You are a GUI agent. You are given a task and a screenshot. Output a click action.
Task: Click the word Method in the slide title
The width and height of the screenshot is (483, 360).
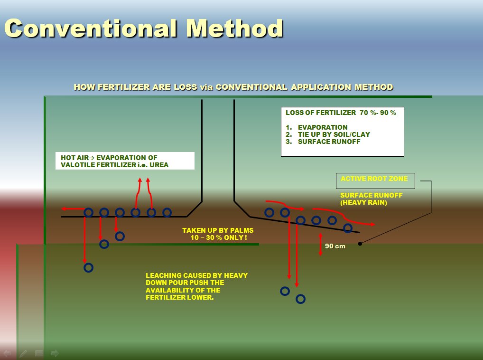(234, 28)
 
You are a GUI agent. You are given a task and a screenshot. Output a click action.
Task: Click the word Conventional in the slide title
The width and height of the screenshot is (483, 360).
(91, 28)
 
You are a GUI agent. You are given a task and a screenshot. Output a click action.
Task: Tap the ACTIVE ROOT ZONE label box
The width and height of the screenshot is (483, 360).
(375, 180)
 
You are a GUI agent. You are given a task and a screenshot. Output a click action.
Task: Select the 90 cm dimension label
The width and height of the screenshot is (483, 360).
(335, 246)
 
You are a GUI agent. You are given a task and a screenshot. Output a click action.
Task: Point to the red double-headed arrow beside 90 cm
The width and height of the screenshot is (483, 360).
(320, 245)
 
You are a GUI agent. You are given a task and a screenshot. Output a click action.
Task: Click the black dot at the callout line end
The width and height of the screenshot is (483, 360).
(360, 244)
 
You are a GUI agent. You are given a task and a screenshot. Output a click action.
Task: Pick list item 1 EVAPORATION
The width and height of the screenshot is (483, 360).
(316, 127)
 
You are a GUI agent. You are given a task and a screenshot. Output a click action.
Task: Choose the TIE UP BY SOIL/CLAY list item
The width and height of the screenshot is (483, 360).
(328, 134)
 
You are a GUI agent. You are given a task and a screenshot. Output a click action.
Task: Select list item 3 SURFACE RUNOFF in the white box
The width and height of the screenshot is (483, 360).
(323, 142)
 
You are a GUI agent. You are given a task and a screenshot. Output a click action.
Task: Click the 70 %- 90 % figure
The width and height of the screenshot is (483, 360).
(378, 113)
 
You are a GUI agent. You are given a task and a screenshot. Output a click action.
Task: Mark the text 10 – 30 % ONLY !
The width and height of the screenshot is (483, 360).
(219, 237)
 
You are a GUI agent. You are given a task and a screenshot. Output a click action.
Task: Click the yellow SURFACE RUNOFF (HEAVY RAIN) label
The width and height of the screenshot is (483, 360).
(371, 199)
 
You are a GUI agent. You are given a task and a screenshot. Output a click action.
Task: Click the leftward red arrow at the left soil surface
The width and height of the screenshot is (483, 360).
(73, 209)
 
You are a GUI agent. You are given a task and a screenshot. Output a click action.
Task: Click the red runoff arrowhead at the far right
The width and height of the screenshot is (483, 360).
(372, 224)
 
